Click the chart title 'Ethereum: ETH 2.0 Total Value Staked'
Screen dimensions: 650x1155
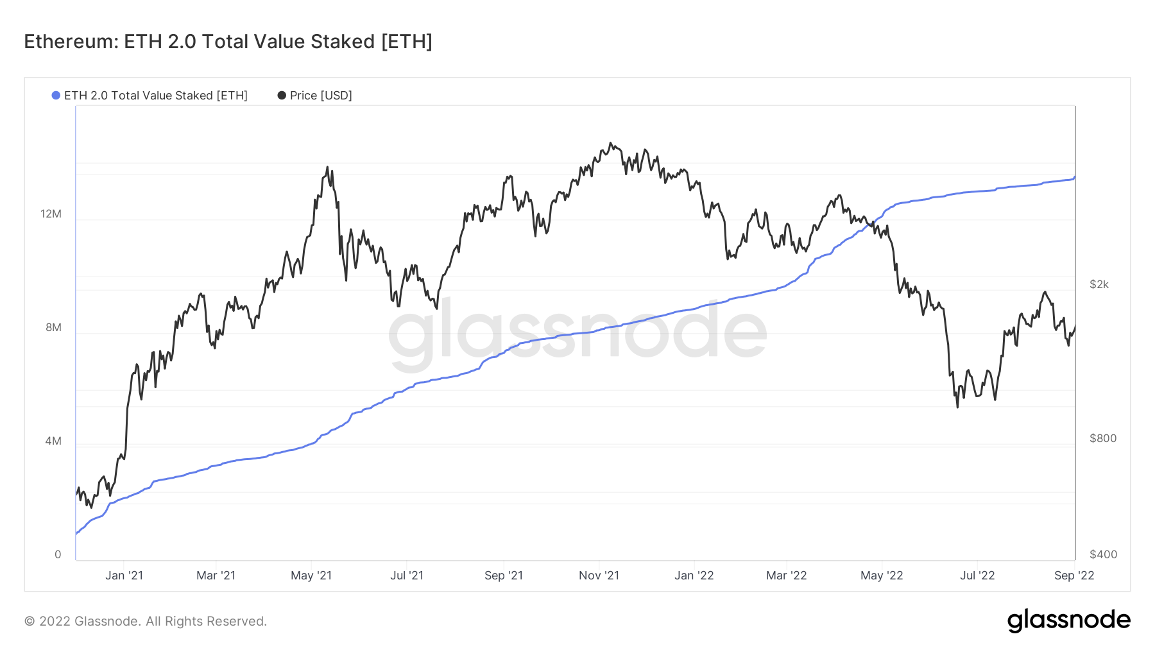pos(228,42)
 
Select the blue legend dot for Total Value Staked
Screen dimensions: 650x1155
pos(56,96)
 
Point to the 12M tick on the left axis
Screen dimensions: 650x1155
pos(51,214)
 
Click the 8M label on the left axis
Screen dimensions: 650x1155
pos(53,327)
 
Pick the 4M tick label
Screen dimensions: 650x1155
pos(53,441)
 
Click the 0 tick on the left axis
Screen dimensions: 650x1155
pos(58,554)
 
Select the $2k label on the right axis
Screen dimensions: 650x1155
pos(1099,284)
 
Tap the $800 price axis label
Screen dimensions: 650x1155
pos(1102,438)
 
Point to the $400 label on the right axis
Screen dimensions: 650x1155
pos(1102,554)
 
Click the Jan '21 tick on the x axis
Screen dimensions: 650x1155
pos(124,576)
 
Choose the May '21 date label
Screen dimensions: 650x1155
pos(311,576)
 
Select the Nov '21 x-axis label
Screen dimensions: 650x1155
pos(599,576)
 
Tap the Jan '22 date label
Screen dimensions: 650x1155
pos(694,576)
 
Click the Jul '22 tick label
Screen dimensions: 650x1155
pos(977,576)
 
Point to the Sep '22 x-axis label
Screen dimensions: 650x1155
pos(1074,576)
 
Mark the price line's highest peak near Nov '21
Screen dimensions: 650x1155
pos(610,143)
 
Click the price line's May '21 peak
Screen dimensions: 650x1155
pos(327,167)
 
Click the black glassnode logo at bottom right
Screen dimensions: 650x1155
pos(1068,620)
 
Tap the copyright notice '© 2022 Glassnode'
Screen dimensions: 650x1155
pos(146,621)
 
